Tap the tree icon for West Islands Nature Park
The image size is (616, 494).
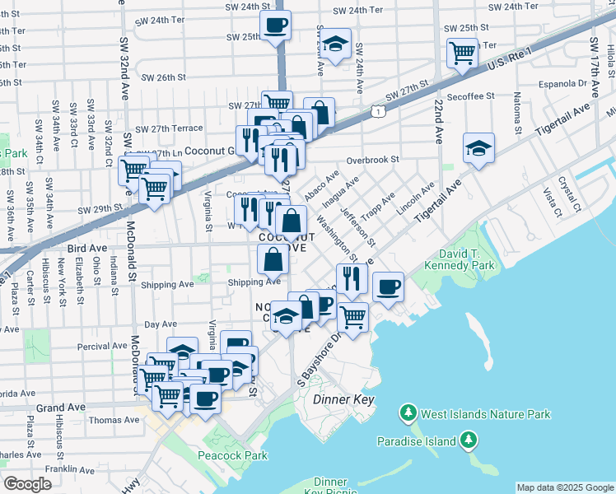click(407, 412)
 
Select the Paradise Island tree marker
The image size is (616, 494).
click(469, 441)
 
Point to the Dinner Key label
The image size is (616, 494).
click(344, 399)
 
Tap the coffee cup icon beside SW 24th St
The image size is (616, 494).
click(275, 23)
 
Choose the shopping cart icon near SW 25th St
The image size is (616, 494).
click(461, 53)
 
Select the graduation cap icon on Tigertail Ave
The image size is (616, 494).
click(478, 147)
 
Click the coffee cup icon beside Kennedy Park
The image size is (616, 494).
click(388, 287)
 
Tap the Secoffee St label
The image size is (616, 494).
click(467, 96)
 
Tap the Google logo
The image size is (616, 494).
click(27, 483)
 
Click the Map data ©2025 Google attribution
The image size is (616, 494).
click(564, 487)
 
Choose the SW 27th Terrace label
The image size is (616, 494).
click(169, 128)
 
